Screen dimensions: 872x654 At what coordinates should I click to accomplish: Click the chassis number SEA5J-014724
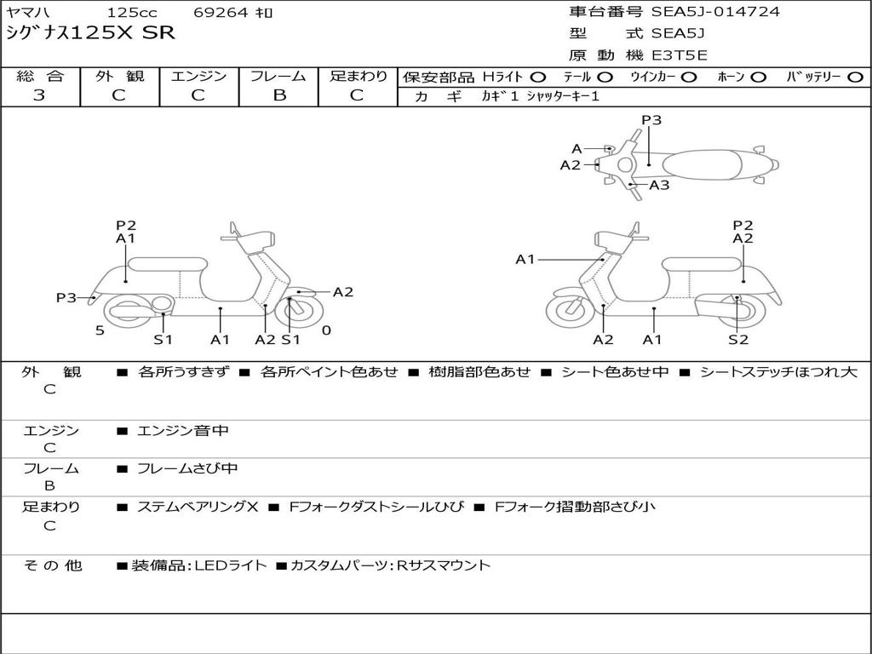715,12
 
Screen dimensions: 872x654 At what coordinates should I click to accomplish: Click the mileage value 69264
224,13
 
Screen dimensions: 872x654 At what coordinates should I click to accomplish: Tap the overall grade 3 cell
39,95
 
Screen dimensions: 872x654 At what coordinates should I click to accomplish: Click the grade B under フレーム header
278,95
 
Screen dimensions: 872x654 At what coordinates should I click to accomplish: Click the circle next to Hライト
539,77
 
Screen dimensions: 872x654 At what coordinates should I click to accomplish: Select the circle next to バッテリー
856,77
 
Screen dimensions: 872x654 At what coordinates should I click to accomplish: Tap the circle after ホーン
759,77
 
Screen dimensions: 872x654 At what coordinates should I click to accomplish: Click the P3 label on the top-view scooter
651,120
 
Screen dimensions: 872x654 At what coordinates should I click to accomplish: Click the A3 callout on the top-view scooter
659,185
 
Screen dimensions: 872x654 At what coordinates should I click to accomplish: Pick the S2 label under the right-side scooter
737,340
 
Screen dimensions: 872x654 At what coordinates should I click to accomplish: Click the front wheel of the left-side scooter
299,310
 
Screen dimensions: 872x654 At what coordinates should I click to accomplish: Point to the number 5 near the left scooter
100,330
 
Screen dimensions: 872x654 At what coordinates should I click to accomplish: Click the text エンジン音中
183,431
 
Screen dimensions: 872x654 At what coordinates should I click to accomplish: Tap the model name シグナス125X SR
90,34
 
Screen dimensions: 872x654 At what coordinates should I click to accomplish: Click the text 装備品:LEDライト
198,565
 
